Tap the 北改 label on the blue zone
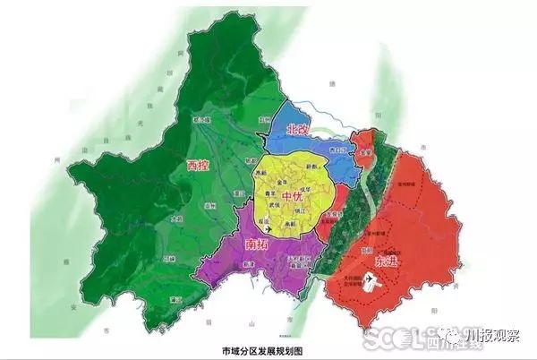pos(298,130)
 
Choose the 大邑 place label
pos(175,219)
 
